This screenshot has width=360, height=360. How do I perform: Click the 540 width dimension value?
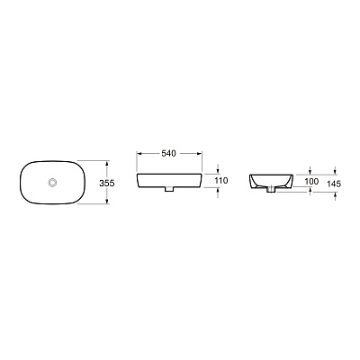(x=168, y=154)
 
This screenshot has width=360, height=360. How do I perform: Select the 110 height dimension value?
(x=221, y=181)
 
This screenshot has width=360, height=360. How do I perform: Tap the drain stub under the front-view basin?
(x=168, y=192)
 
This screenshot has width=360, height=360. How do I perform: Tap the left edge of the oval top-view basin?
(x=21, y=184)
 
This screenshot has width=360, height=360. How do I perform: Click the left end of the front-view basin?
(x=138, y=181)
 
